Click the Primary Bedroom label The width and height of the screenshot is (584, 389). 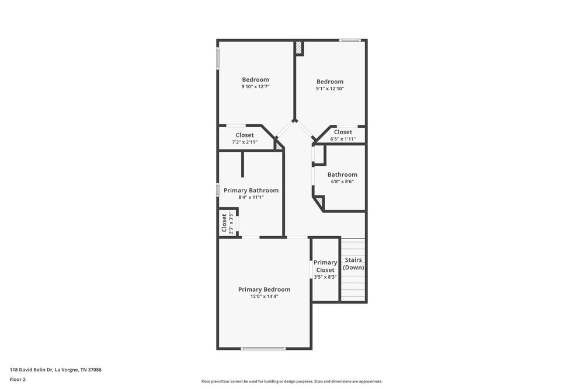click(264, 289)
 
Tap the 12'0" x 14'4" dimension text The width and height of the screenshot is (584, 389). click(264, 297)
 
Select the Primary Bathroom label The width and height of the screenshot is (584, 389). click(251, 190)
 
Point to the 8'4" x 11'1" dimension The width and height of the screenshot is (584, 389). click(251, 197)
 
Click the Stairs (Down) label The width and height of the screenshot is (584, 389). click(353, 264)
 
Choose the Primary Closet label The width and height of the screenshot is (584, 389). click(325, 266)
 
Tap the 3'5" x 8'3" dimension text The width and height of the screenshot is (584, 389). click(325, 277)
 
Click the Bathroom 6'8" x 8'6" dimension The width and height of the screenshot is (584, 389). click(342, 181)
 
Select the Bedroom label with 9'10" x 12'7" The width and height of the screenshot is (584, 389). click(255, 79)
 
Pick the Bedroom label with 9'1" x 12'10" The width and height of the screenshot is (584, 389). click(330, 82)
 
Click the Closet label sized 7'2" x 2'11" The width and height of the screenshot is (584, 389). click(245, 135)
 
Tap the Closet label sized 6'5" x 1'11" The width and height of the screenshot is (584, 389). click(343, 132)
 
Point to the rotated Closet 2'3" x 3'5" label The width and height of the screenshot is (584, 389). click(224, 223)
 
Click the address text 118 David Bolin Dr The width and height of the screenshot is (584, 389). click(56, 369)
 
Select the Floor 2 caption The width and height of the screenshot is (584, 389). click(18, 379)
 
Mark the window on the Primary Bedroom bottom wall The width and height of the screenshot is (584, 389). click(264, 349)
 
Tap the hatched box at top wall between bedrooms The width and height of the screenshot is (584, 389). click(298, 48)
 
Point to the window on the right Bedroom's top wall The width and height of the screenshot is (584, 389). click(350, 40)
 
